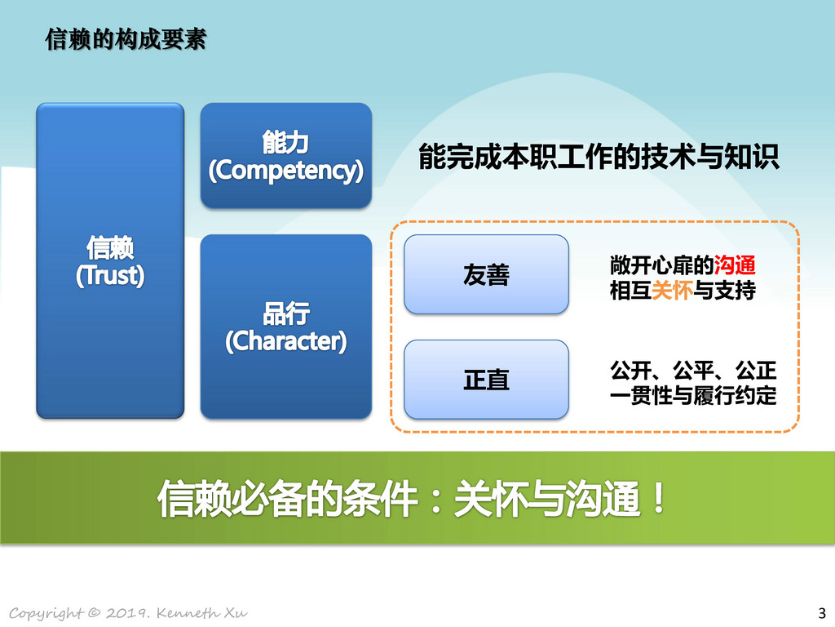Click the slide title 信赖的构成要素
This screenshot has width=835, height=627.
click(x=126, y=39)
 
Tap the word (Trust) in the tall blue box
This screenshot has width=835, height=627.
click(x=110, y=276)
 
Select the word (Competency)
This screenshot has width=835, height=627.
click(x=286, y=171)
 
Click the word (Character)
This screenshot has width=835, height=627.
click(x=286, y=341)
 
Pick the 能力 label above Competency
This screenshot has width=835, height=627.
click(x=285, y=142)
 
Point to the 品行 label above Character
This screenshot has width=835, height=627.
click(x=286, y=313)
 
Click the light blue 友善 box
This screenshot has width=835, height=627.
click(x=486, y=274)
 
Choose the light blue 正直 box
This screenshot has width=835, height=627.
click(x=486, y=379)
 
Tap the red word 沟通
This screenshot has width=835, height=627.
click(x=735, y=265)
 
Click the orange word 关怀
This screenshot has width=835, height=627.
click(x=672, y=291)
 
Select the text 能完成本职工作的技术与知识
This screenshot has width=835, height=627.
click(x=599, y=157)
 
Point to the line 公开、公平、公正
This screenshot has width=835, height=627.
click(x=693, y=370)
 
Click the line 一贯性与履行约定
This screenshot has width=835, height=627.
click(x=693, y=395)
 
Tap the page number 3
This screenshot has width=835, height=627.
click(x=822, y=612)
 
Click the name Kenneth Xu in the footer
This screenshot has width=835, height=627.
click(x=202, y=612)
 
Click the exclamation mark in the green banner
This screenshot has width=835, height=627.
click(x=659, y=498)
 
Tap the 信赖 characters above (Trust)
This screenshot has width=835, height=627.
click(x=110, y=248)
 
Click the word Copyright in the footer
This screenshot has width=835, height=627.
click(x=46, y=613)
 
